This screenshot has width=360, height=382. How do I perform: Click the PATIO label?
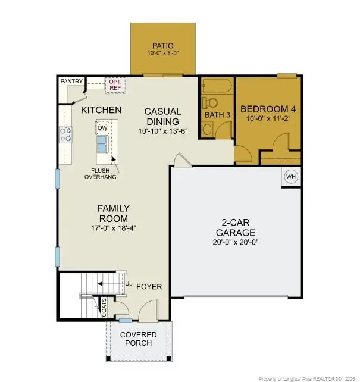pyautogui.click(x=162, y=45)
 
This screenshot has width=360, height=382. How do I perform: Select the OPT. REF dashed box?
pyautogui.click(x=115, y=84)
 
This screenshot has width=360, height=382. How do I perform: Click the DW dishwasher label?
pyautogui.click(x=102, y=127)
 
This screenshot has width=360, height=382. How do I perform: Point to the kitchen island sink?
pyautogui.click(x=102, y=143)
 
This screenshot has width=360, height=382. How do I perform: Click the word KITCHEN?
pyautogui.click(x=101, y=110)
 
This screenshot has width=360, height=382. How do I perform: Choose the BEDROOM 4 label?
pyautogui.click(x=268, y=109)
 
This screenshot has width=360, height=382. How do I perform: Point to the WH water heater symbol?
pyautogui.click(x=291, y=177)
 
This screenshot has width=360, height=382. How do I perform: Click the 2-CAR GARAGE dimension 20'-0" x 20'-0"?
pyautogui.click(x=236, y=243)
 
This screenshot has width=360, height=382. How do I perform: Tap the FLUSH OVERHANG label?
pyautogui.click(x=99, y=173)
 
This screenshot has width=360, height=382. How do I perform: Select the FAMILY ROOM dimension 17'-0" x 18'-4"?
pyautogui.click(x=114, y=227)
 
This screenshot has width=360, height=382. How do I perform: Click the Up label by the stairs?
pyautogui.click(x=128, y=283)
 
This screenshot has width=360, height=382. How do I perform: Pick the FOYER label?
pyautogui.click(x=149, y=287)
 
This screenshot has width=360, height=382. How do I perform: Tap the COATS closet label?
pyautogui.click(x=104, y=306)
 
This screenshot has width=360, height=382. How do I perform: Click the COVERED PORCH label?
pyautogui.click(x=139, y=339)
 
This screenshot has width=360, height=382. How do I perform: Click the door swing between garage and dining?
pyautogui.click(x=181, y=159)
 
